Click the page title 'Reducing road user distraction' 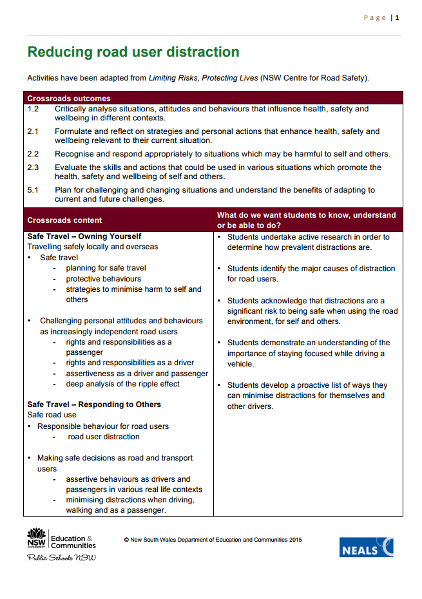tap(133, 52)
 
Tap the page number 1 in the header tap(398, 17)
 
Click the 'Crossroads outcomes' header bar tap(69, 99)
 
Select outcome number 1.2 tap(33, 109)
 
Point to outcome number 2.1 tap(33, 131)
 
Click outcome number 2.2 tap(33, 154)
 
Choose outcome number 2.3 tap(33, 167)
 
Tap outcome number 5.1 tap(33, 190)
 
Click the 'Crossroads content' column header tap(64, 220)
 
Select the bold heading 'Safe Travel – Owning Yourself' tap(84, 236)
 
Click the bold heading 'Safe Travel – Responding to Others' tap(94, 404)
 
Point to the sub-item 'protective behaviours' tap(103, 279)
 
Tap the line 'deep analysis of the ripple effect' tap(122, 384)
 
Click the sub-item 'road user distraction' tap(104, 437)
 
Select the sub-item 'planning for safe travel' tap(106, 268)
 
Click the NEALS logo tap(366, 547)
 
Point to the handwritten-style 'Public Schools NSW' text tap(61, 557)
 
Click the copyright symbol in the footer tap(126, 540)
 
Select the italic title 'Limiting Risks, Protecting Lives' tap(203, 78)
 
